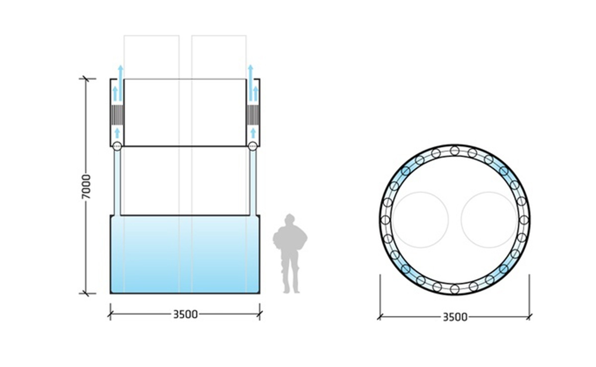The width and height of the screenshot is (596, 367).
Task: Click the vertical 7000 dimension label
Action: point(87,187)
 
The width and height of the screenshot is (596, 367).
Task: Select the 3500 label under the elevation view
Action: point(185,314)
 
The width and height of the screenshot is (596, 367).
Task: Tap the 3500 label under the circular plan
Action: point(454,317)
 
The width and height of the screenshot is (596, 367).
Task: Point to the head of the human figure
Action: point(289,220)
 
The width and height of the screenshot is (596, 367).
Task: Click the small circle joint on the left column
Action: point(117,146)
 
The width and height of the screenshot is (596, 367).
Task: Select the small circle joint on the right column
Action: point(252,146)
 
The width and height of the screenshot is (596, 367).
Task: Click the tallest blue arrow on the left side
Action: point(120,77)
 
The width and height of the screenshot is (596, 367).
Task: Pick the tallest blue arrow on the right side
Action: point(250,77)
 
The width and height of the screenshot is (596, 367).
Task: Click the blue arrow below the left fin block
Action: point(117,133)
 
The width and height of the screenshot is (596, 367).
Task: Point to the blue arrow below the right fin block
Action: point(253,133)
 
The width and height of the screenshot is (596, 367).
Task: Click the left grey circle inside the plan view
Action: point(420,219)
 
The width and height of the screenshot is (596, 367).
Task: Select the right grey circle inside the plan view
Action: point(489,219)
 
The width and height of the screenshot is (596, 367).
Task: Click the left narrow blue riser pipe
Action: point(117,182)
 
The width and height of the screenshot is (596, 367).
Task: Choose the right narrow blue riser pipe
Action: point(252,182)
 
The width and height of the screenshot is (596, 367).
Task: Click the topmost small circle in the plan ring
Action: point(454,150)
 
